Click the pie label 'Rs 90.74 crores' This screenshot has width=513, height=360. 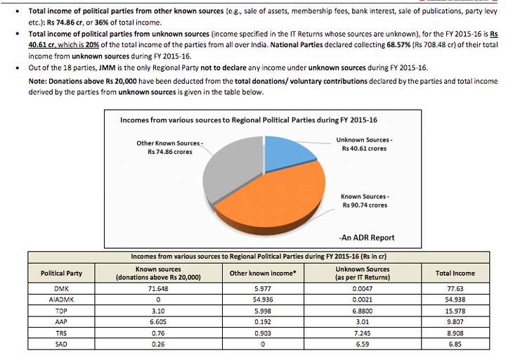coord(365,205)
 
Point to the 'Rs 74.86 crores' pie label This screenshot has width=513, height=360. coord(170,152)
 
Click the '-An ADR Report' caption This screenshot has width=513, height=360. coord(367,238)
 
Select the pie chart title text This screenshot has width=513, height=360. coord(249,120)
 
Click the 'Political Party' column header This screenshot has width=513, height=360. coord(61,274)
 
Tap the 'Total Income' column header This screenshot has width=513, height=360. coord(455,274)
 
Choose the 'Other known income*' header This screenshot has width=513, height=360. coord(263,274)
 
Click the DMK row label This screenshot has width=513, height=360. coord(61,289)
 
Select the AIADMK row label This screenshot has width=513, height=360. coord(61,300)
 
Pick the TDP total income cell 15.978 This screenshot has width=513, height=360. coord(455,311)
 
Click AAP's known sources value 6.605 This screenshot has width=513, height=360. coord(158,322)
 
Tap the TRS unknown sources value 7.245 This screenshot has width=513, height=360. coord(362,333)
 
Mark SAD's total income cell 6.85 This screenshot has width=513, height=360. coord(455,345)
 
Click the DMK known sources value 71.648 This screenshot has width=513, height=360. coord(158,289)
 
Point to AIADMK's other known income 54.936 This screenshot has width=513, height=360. coord(263,300)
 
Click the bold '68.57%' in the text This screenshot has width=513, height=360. coord(398,45)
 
